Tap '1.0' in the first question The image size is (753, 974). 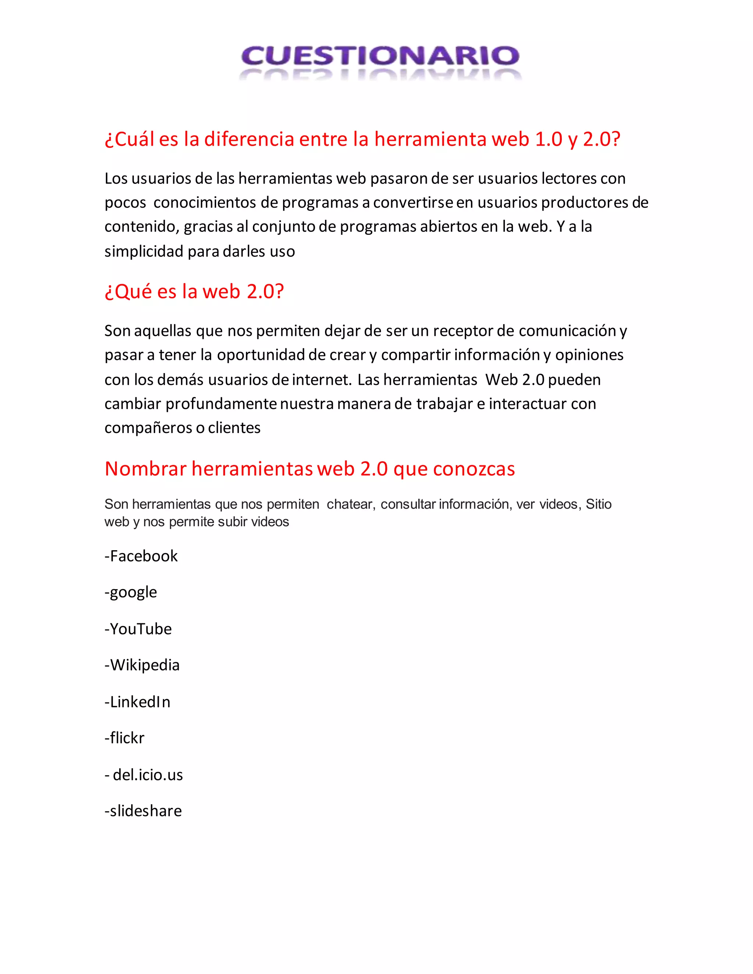pyautogui.click(x=548, y=139)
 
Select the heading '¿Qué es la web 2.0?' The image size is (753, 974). pyautogui.click(x=194, y=292)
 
